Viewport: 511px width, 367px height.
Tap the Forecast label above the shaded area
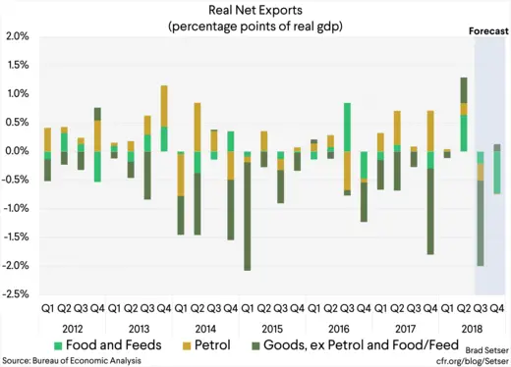click(x=487, y=31)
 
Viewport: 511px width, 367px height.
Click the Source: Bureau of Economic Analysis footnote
click(x=71, y=360)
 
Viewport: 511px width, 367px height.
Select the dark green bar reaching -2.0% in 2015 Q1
click(x=248, y=218)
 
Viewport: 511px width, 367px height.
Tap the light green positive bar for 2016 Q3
click(x=348, y=127)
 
